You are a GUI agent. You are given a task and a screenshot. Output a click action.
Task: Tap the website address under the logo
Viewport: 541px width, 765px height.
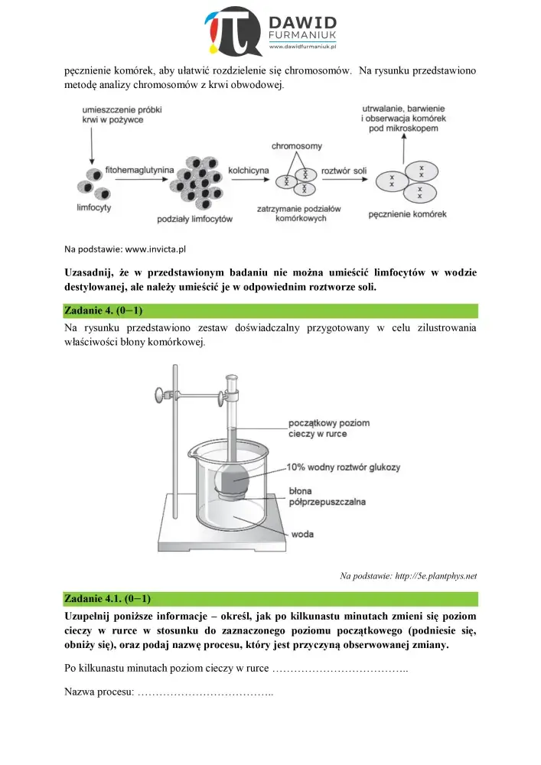pos(304,47)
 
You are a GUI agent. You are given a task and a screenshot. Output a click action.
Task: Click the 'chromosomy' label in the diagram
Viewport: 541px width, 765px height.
pos(297,145)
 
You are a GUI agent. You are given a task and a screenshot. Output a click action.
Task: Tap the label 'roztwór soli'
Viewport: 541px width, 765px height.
pos(344,169)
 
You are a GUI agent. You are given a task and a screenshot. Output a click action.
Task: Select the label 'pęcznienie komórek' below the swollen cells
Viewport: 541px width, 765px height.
pos(407,214)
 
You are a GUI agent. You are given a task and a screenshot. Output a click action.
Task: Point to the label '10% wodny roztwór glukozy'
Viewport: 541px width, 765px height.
pos(343,467)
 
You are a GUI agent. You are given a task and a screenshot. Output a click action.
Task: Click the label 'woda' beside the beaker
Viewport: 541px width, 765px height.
pos(302,534)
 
